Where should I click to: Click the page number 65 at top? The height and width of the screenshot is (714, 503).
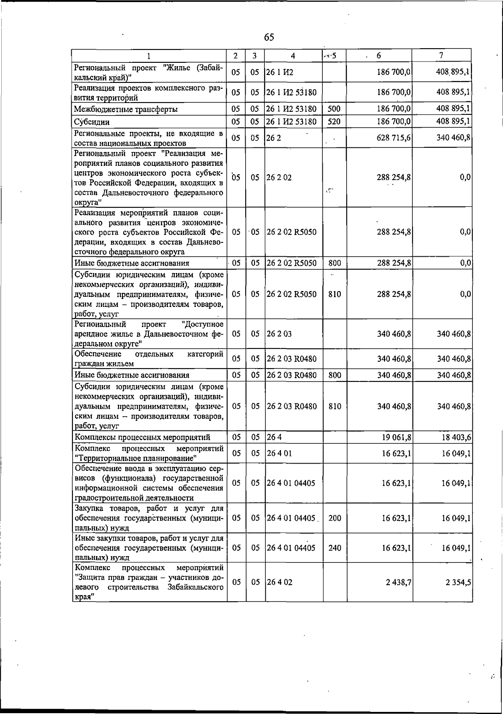pos(269,37)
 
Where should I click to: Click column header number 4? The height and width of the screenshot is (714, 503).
pos(293,56)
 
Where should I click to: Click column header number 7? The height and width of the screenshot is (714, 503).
pos(441,55)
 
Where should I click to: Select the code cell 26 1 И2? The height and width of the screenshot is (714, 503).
pos(280,72)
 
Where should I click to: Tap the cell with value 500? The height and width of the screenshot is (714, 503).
pos(334,109)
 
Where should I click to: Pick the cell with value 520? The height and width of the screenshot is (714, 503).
pos(334,122)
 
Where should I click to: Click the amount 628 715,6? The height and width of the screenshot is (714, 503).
pos(394,137)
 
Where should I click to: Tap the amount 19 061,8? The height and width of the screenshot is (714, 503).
pos(396,438)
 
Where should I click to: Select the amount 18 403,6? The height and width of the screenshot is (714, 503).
pos(456,438)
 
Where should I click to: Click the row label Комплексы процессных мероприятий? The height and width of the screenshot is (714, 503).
pos(142,438)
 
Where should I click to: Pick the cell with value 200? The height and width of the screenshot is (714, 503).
pos(334,518)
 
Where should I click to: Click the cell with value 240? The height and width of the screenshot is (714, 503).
pos(334,548)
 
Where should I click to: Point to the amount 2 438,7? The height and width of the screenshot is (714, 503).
pos(398,582)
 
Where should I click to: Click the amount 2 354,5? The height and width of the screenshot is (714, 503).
pos(458,582)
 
